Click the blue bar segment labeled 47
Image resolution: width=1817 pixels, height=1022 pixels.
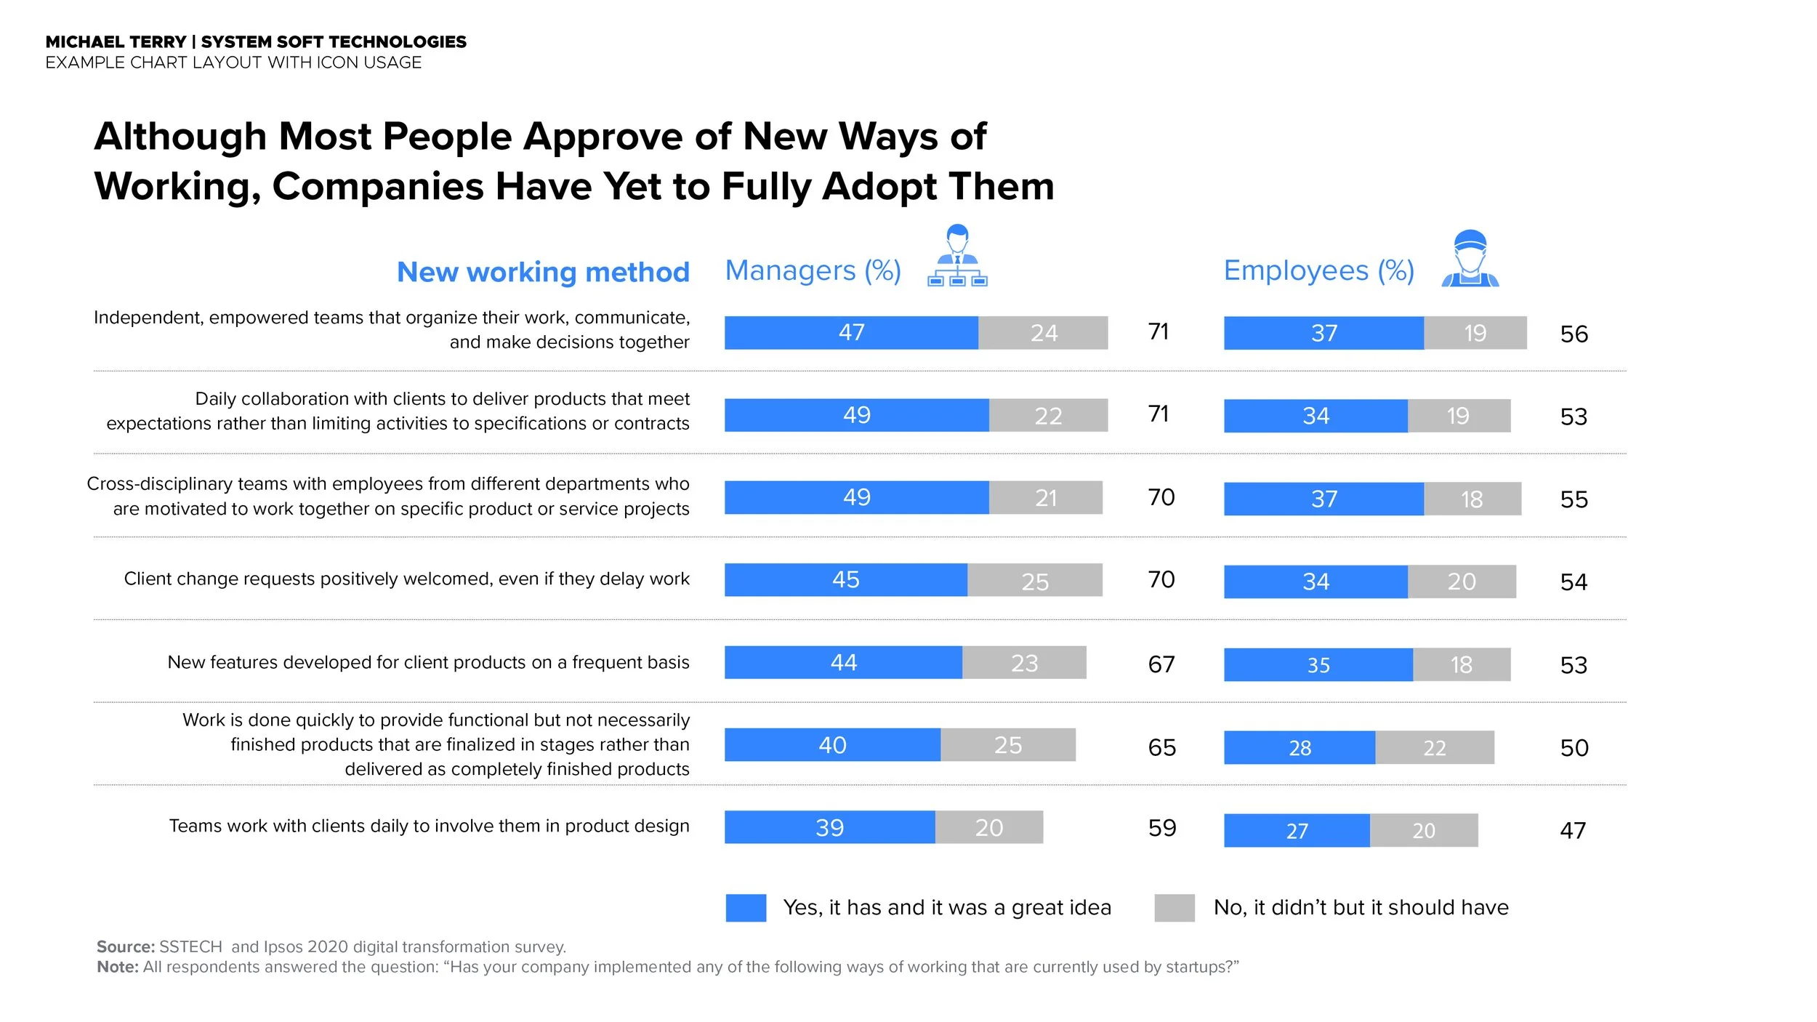851,333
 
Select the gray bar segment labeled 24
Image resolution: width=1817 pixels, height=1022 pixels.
1043,333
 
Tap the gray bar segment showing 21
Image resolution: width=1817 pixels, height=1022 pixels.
1045,498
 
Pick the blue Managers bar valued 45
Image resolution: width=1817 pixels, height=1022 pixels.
845,580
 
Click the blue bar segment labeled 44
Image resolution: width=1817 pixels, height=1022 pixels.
843,663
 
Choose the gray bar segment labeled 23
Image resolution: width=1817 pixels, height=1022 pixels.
1024,663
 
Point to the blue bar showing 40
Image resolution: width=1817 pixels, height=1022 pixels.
832,745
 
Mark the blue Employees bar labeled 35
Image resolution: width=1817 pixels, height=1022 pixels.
1318,665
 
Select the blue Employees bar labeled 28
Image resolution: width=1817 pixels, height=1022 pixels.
1299,748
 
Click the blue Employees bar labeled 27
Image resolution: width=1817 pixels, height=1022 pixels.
1297,831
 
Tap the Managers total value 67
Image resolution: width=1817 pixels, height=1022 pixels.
1161,664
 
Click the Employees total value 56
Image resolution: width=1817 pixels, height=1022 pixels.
1574,334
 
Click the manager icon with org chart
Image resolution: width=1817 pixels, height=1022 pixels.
957,256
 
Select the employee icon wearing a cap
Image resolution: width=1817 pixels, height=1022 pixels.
1470,259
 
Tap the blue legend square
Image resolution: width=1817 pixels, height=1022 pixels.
746,908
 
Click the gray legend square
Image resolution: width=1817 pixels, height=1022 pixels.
1174,908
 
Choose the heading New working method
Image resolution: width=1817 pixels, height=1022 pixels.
543,273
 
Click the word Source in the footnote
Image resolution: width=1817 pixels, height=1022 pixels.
125,947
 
